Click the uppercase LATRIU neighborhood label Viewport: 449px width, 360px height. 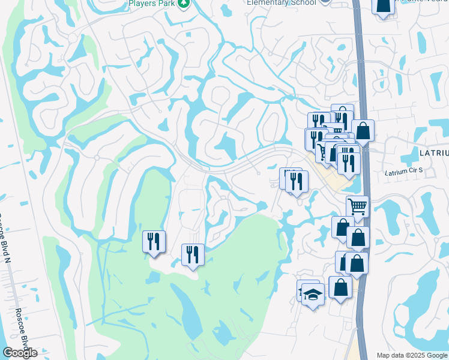pos(433,154)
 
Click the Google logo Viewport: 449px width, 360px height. pos(20,353)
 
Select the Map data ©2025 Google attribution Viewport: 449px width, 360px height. pos(411,355)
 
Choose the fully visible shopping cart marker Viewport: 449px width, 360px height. pos(357,207)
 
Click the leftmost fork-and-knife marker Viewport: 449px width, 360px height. pos(154,242)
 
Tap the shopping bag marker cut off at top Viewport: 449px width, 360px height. pos(383,6)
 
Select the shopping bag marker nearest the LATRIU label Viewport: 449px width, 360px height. pos(363,131)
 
